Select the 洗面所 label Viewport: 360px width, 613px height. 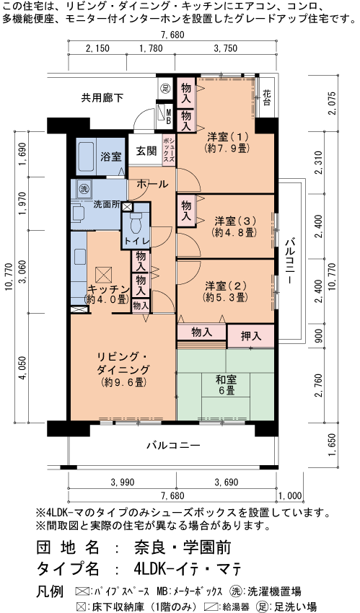(x=106, y=204)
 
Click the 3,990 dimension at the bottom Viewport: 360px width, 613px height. (x=122, y=482)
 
